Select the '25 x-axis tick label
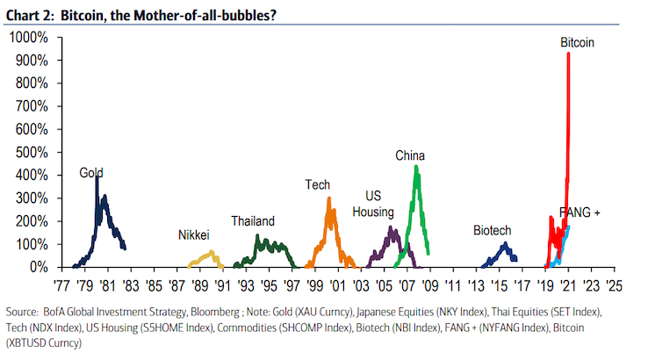pos(613,285)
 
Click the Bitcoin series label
pos(577,41)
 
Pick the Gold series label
pos(91,173)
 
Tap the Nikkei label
pos(194,235)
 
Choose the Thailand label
pos(253,221)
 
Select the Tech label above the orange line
pos(317,184)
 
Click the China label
pos(410,155)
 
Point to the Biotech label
pos(492,230)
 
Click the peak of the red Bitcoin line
pos(569,54)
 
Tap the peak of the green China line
pos(415,166)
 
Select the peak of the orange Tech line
pos(328,198)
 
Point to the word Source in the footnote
pos(23,312)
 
